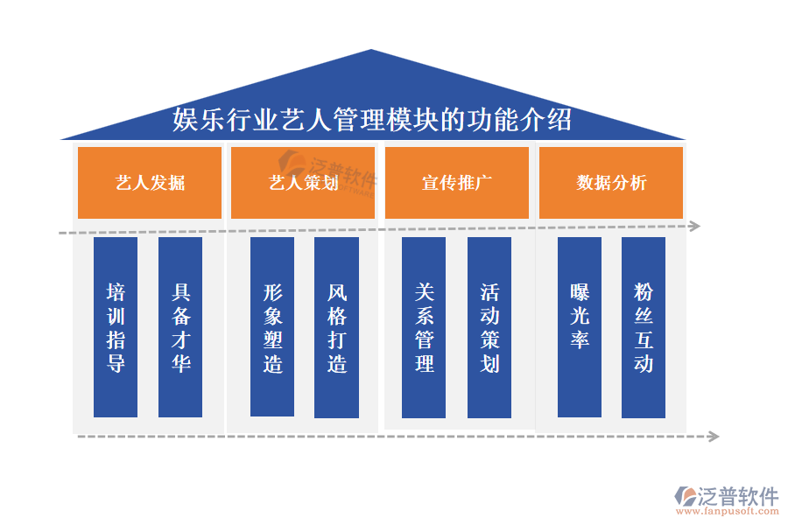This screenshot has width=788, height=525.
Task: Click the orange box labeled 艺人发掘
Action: click(149, 182)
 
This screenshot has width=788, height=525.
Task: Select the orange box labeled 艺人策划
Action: click(303, 182)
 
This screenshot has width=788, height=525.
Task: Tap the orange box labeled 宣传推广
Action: click(457, 182)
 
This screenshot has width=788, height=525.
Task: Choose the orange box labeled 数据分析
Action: click(610, 182)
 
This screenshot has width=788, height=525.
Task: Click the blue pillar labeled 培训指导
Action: click(115, 327)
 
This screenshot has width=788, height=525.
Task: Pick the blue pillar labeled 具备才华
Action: click(179, 327)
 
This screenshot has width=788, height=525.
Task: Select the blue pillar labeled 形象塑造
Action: click(272, 326)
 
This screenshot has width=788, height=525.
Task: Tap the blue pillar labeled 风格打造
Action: click(336, 327)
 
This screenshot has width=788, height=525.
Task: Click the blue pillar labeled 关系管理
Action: click(423, 327)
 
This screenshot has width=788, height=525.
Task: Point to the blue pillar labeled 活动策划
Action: click(489, 327)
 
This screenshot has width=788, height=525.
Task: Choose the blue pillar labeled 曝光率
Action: click(579, 327)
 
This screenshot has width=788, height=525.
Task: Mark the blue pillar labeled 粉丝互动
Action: click(644, 327)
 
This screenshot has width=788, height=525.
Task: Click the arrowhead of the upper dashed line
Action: click(695, 226)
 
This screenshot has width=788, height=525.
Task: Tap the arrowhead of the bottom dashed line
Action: click(714, 436)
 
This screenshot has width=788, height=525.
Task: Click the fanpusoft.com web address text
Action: click(727, 511)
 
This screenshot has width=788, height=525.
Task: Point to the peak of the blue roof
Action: click(371, 49)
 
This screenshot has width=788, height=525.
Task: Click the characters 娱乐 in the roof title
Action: click(199, 119)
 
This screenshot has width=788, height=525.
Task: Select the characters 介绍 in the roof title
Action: click(545, 119)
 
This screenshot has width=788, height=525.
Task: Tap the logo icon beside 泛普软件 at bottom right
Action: click(685, 496)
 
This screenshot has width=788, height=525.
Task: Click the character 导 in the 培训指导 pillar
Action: click(116, 363)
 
